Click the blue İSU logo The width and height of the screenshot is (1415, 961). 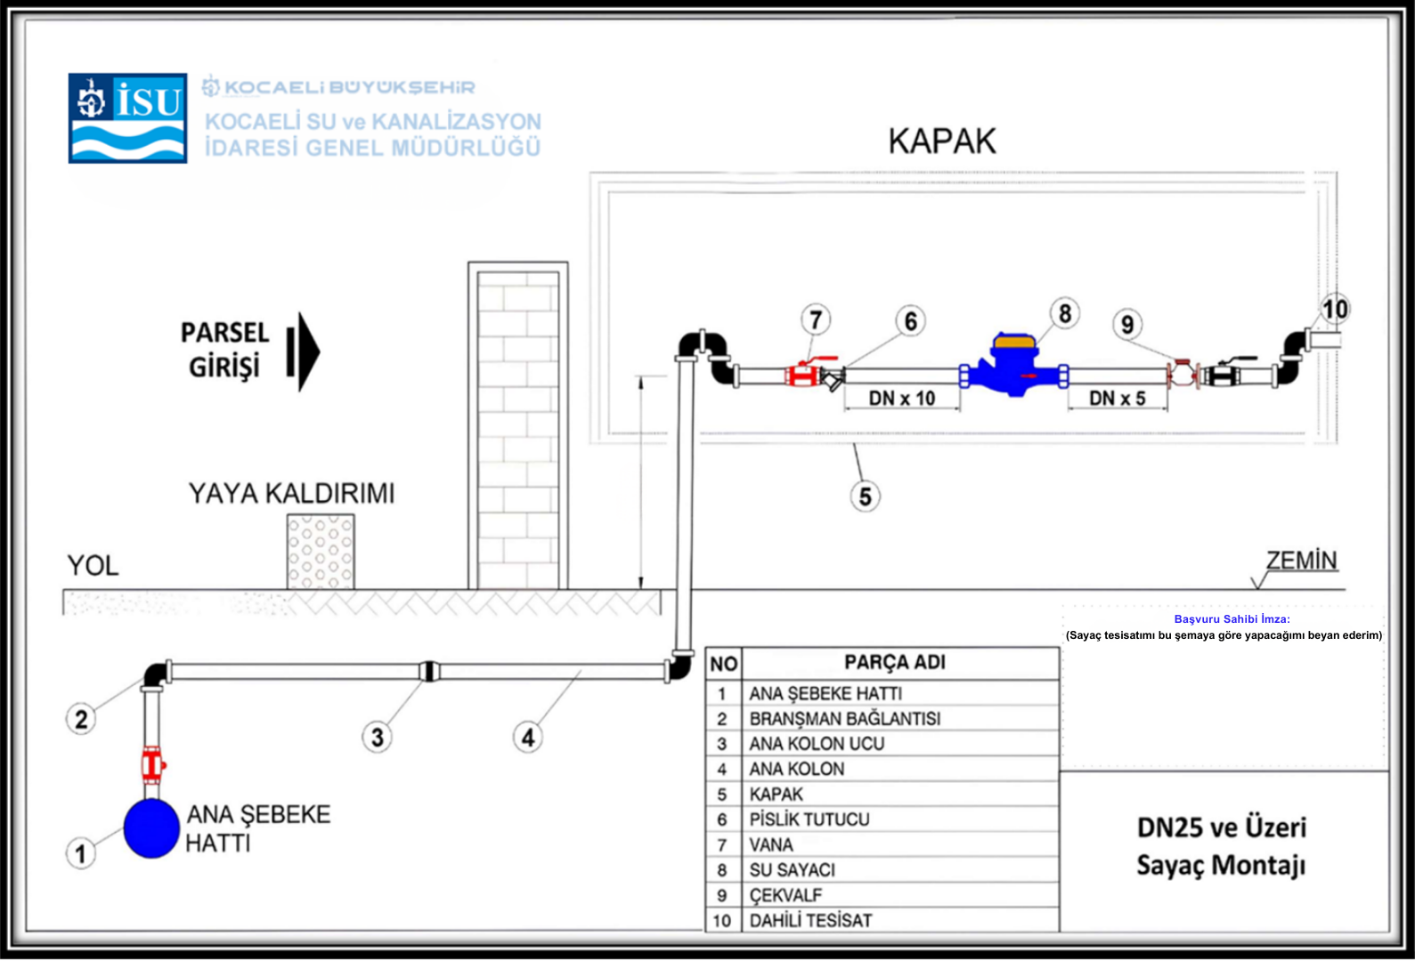(127, 118)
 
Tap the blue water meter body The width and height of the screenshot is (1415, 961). (1013, 368)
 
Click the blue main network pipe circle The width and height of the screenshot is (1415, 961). (151, 828)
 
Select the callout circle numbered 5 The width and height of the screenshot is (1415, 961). (865, 497)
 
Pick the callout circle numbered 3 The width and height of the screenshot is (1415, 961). (377, 737)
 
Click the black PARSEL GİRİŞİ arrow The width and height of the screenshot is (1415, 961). (304, 351)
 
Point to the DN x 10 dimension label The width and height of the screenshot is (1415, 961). (902, 399)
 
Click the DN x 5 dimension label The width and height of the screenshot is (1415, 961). (1118, 399)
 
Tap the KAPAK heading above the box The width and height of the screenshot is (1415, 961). (942, 141)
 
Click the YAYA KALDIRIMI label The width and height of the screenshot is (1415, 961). (292, 493)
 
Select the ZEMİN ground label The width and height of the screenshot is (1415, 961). (1302, 560)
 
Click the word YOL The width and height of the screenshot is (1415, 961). (93, 566)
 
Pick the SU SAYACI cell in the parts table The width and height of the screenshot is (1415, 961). (793, 869)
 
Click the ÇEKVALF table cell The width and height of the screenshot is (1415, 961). (785, 894)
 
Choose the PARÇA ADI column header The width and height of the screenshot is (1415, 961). (894, 662)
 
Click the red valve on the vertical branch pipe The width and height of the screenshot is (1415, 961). (152, 764)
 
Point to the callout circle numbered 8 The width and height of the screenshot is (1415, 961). (1065, 313)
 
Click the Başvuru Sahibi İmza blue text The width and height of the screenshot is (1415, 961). (1232, 619)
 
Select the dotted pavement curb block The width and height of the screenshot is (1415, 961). (321, 551)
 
